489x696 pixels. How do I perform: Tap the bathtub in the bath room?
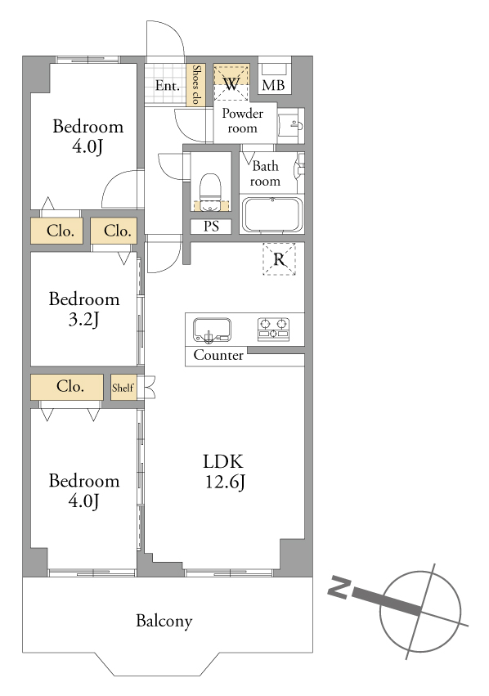pos(272,215)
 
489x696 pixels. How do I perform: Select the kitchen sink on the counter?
pos(212,330)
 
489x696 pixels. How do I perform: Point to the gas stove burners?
pos(273,330)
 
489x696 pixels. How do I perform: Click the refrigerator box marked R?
pos(279,258)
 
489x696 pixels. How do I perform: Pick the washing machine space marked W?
pos(231,83)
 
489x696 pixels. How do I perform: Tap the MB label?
pos(273,85)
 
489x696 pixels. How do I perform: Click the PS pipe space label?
pos(211,227)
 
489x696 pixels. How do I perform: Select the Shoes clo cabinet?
pos(195,84)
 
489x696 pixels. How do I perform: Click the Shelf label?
pos(123,388)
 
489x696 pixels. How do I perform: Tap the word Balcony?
pos(164,621)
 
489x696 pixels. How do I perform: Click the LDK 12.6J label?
pos(223,471)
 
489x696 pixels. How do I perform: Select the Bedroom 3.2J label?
pos(84,309)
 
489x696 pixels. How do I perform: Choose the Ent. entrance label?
pos(168,85)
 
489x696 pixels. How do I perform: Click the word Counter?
pos(218,355)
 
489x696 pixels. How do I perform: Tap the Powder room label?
pos(242,121)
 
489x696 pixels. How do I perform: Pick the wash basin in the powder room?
pos(291,125)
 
